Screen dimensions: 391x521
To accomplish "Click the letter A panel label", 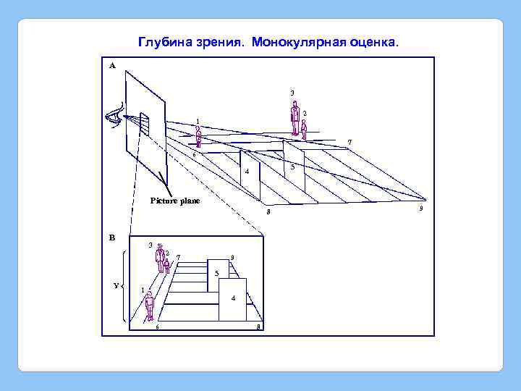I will (112, 65).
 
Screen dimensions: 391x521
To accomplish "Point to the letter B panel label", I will (112, 237).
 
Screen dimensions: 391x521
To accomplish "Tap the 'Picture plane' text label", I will (175, 200).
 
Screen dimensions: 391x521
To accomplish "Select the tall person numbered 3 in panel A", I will (295, 118).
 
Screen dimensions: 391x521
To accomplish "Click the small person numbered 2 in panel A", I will (304, 129).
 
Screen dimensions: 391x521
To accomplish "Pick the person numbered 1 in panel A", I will (198, 137).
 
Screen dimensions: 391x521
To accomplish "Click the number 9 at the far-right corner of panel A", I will (421, 209).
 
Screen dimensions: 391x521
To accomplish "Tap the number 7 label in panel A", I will (350, 141).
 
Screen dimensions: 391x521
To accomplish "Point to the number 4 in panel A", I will (247, 172).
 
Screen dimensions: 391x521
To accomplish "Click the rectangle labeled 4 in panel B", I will (233, 298).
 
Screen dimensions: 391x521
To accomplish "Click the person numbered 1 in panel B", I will (149, 305).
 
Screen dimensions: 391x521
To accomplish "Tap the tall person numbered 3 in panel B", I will (159, 258).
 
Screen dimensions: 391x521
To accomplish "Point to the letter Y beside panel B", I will (116, 285).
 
